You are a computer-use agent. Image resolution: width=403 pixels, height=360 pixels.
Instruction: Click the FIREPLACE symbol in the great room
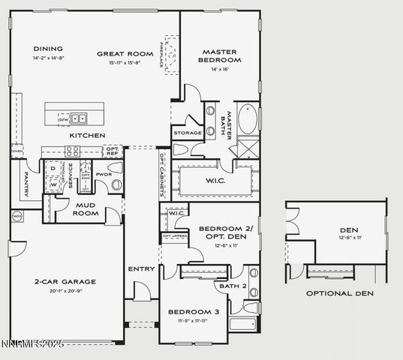[173, 55]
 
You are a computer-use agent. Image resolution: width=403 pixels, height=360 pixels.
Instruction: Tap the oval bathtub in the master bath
[247, 119]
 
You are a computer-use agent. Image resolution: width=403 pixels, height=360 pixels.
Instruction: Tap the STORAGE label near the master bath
[187, 133]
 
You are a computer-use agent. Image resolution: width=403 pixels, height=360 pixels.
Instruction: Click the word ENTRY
[141, 268]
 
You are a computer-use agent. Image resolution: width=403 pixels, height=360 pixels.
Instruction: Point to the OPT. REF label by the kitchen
[113, 151]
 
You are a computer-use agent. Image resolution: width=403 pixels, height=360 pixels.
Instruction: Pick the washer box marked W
[53, 182]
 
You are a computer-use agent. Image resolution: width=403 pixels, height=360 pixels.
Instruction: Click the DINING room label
[48, 49]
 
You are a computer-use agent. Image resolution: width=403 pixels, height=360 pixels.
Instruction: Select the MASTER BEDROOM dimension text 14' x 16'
[220, 69]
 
